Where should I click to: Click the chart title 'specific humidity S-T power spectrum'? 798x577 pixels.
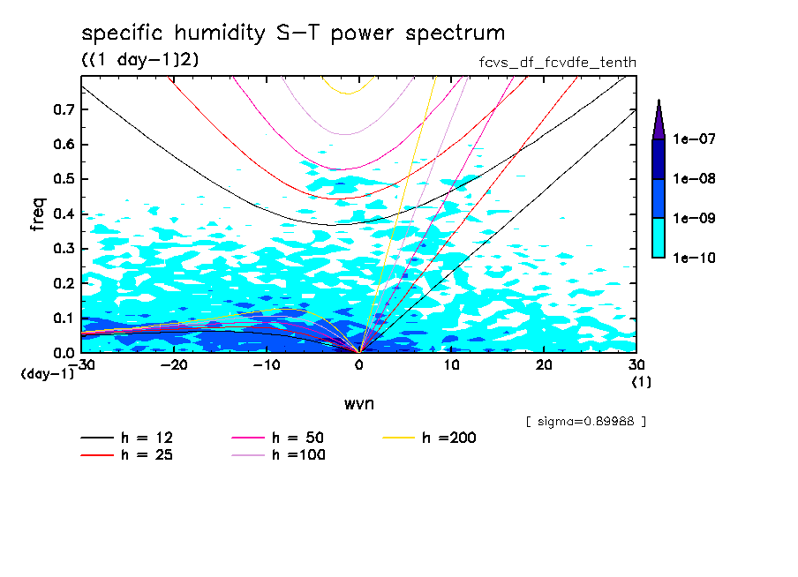(293, 34)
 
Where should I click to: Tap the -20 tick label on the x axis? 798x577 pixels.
(174, 365)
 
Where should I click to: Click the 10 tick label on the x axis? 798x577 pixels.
(451, 365)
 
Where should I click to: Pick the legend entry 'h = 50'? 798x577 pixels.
(275, 438)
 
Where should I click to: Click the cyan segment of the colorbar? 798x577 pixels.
(659, 238)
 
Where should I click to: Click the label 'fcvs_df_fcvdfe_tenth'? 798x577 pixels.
(555, 62)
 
